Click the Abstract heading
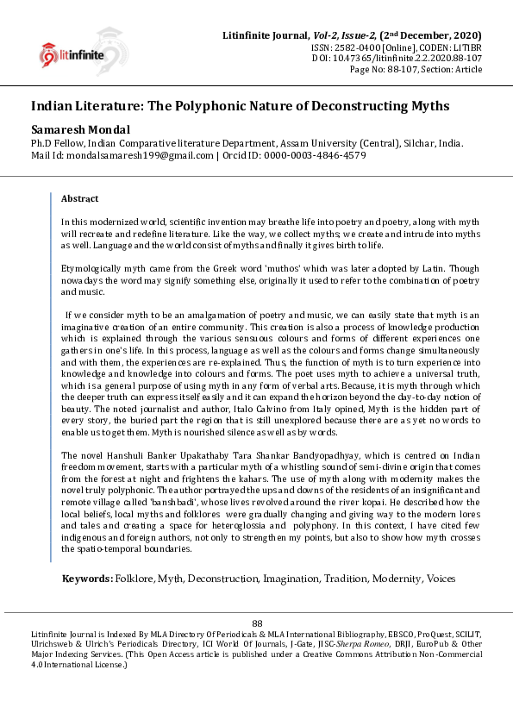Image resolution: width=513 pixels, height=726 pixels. click(79, 198)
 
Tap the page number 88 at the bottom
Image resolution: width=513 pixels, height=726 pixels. click(256, 623)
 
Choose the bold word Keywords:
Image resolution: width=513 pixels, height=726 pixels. click(87, 579)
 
